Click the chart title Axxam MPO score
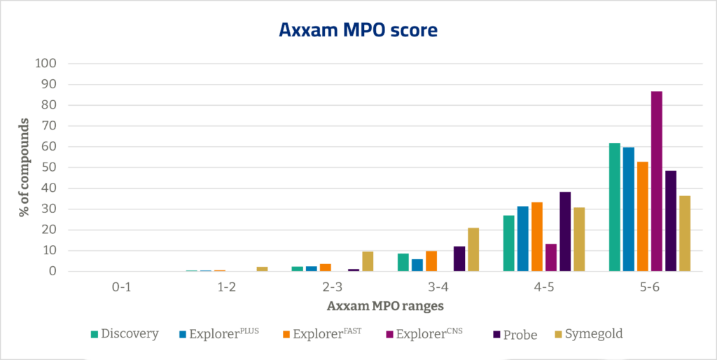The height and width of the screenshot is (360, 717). coord(358,31)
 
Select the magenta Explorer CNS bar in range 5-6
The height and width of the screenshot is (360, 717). coord(656,181)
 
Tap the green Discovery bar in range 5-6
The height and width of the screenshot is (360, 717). coord(614,207)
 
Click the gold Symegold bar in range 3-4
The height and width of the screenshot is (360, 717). coord(473,249)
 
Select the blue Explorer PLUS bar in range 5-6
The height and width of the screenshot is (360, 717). coord(628,209)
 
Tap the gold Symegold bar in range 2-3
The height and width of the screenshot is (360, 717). coord(368,261)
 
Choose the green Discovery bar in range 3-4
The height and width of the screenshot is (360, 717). coord(403,262)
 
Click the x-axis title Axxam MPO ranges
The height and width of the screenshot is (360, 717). coord(384,306)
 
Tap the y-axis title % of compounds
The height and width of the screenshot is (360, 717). coord(24,167)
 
